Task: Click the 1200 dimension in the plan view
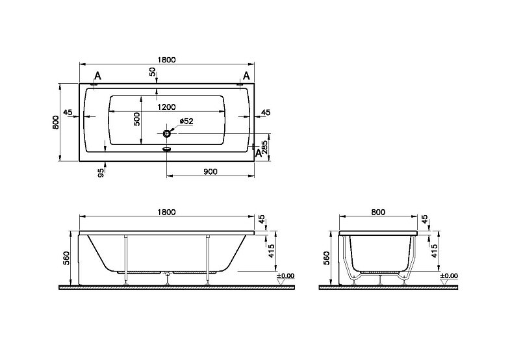[166, 107]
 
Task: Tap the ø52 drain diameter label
[186, 122]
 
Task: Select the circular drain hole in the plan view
[167, 133]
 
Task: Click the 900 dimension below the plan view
[210, 172]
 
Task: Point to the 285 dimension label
[264, 147]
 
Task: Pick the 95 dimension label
[101, 173]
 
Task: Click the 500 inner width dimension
[137, 119]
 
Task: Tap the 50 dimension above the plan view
[153, 72]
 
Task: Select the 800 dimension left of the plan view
[56, 122]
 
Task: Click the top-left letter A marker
[97, 76]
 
